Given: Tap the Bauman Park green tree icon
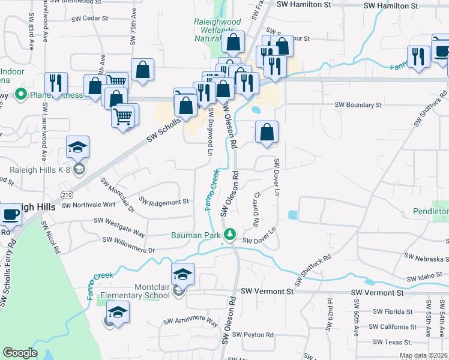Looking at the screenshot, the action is pos(229,233).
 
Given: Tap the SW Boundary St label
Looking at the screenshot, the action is pos(358,105).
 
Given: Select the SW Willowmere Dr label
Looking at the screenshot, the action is pos(128,245).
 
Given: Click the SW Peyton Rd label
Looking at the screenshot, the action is pos(255,335).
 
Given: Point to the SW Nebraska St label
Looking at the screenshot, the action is pos(426,258).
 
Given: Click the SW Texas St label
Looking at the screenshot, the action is pos(391,342).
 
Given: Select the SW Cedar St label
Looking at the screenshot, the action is pos(89,19).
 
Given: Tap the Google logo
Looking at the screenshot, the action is pos(20,353).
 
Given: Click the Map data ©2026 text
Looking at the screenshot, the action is pos(423,355).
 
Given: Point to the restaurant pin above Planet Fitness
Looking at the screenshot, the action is pos(56,83).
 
